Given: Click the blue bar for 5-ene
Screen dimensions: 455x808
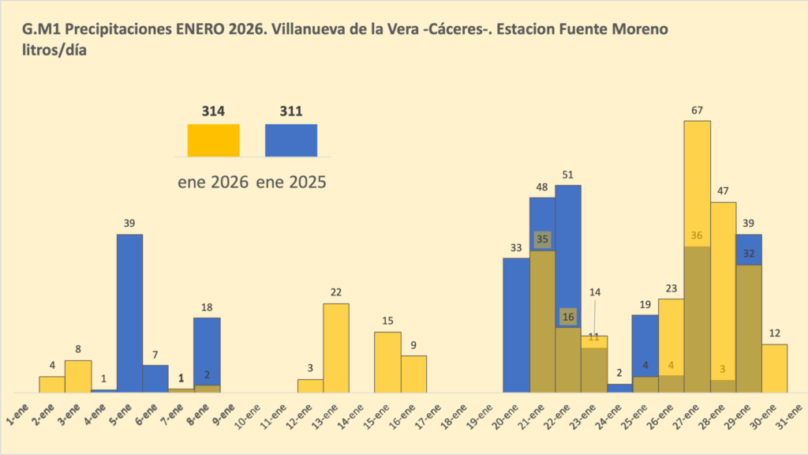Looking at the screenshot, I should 129,313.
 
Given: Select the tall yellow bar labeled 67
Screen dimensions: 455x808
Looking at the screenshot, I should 697,182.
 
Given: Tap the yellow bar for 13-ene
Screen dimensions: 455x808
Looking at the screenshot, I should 336,348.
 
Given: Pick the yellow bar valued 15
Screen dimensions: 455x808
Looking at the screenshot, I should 387,362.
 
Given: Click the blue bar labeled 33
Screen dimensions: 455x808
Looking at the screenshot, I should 516,325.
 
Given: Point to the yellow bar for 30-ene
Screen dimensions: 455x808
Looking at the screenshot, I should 774,368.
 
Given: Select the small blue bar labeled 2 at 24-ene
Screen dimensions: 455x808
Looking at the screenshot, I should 619,388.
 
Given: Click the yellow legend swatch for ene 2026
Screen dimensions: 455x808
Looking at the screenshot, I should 213,140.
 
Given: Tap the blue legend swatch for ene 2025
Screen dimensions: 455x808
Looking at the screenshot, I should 290,140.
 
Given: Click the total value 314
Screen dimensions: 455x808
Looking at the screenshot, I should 213,111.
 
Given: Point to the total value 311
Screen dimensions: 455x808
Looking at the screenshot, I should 290,111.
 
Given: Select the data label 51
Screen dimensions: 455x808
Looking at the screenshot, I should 568,175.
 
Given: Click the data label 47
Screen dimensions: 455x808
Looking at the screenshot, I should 723,191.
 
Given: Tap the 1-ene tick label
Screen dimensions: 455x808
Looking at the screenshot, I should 17,412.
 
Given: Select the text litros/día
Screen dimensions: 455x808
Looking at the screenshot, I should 54,49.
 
